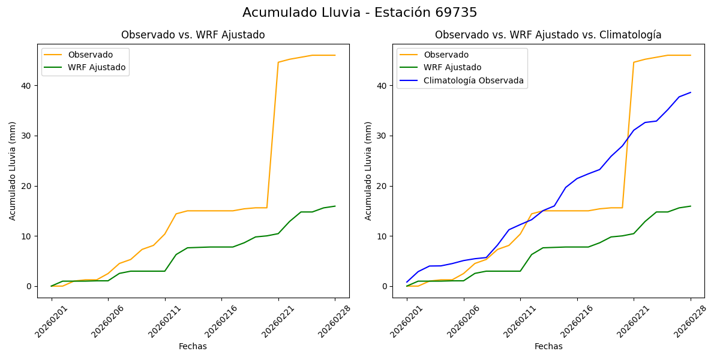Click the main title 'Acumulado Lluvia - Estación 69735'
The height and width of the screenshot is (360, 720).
coord(360,13)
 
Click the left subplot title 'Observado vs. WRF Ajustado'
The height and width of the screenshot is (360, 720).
coord(193,35)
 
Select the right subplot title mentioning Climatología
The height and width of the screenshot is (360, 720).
coord(548,35)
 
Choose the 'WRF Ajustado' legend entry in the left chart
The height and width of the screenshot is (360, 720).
coord(97,67)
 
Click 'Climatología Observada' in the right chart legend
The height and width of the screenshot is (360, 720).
coord(473,80)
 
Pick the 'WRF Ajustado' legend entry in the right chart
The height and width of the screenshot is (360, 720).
coord(452,67)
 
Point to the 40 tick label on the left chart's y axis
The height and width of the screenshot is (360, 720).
coord(27,85)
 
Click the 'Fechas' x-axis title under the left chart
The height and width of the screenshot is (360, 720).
coord(193,346)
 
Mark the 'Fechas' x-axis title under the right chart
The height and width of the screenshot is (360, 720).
coord(548,346)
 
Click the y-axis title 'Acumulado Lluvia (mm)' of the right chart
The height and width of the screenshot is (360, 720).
coord(368,170)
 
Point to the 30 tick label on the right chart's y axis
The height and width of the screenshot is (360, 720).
coord(383,136)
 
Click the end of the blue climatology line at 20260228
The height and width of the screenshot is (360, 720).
coord(691,92)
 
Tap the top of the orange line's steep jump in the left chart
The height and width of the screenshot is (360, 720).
coord(278,62)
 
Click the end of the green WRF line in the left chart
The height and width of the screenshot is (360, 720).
coord(335,206)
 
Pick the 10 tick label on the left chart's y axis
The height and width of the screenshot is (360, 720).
coord(27,236)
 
